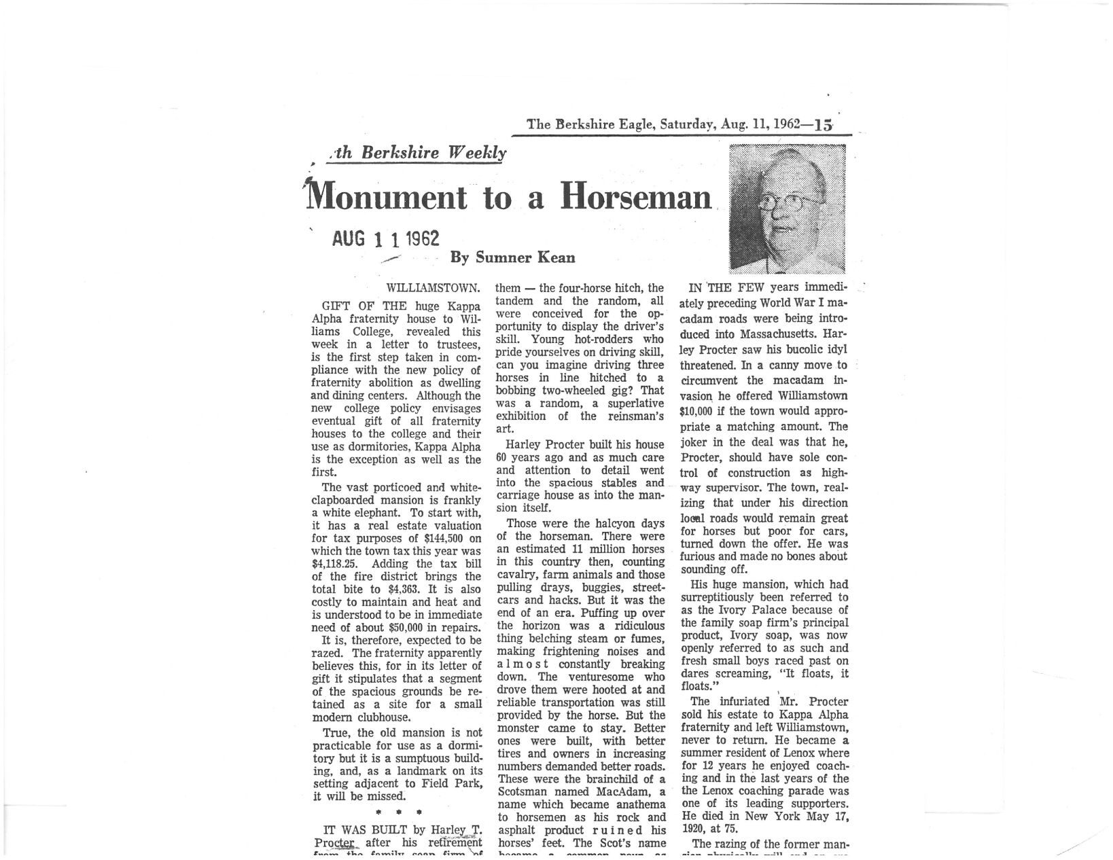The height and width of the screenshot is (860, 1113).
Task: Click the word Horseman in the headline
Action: pyautogui.click(x=636, y=198)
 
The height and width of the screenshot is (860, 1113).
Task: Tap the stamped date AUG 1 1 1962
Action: pyautogui.click(x=385, y=238)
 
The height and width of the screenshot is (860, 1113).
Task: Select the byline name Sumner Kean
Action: pyautogui.click(x=525, y=257)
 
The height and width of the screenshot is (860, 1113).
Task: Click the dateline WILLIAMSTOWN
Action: pyautogui.click(x=434, y=288)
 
